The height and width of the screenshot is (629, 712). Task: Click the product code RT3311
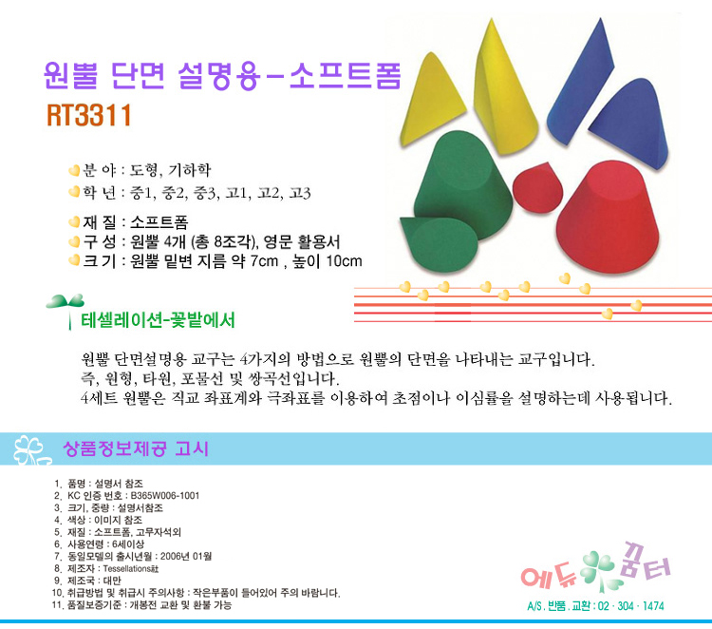[89, 115]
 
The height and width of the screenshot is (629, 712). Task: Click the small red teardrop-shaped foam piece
[537, 187]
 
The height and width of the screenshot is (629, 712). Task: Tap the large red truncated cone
[608, 216]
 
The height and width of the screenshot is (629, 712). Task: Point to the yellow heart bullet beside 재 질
[74, 221]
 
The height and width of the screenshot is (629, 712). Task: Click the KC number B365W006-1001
[165, 495]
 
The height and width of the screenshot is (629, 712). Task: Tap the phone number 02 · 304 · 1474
[630, 606]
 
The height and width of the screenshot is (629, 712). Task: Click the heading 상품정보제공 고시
[136, 448]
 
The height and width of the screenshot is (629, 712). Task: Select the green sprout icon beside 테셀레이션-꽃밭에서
[66, 310]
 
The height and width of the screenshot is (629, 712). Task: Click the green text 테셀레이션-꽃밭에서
[158, 320]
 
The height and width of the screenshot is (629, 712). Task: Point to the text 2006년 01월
[186, 556]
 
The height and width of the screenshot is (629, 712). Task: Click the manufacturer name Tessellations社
[131, 568]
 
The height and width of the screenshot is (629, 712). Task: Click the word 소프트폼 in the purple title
[346, 75]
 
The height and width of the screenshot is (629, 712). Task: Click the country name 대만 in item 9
[112, 581]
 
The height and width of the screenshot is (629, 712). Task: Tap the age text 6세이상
[128, 544]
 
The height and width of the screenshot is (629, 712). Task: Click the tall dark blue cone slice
[579, 82]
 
